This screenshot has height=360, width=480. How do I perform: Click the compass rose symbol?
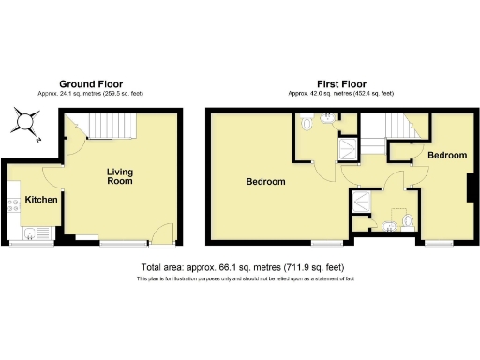[x=26, y=122]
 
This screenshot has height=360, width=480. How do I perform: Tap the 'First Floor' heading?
[x=339, y=83]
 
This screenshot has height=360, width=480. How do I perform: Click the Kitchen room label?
[x=42, y=200]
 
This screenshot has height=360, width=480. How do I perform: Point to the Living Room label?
[x=119, y=176]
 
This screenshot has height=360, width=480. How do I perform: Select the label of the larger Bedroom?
[x=265, y=181]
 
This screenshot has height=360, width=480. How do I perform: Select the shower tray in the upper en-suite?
[x=348, y=146]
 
